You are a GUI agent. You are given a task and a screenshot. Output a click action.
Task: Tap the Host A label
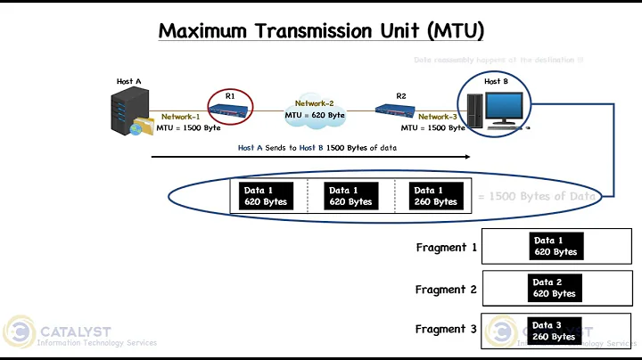pyautogui.click(x=129, y=81)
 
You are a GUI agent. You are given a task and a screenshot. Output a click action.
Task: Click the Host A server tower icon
pyautogui.click(x=126, y=111)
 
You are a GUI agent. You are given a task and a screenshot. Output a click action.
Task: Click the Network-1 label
pyautogui.click(x=181, y=117)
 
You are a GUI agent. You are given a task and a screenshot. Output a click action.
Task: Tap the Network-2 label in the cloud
pyautogui.click(x=314, y=103)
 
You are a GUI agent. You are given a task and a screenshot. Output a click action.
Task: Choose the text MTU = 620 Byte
pyautogui.click(x=315, y=115)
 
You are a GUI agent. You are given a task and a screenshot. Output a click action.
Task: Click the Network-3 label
pyautogui.click(x=438, y=117)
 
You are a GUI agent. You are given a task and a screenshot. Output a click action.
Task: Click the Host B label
pyautogui.click(x=497, y=81)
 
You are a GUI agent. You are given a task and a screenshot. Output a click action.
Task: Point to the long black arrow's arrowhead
pyautogui.click(x=465, y=157)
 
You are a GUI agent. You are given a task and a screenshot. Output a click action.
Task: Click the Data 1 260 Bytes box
pyautogui.click(x=434, y=195)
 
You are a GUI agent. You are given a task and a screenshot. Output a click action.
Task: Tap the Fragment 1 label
pyautogui.click(x=446, y=247)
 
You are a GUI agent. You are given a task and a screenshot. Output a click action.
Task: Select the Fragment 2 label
pyautogui.click(x=446, y=289)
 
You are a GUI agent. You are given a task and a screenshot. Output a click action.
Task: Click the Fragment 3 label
pyautogui.click(x=446, y=329)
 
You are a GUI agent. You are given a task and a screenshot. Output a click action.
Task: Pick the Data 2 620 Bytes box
pyautogui.click(x=554, y=288)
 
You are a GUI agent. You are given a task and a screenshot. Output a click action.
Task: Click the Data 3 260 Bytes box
pyautogui.click(x=554, y=331)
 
